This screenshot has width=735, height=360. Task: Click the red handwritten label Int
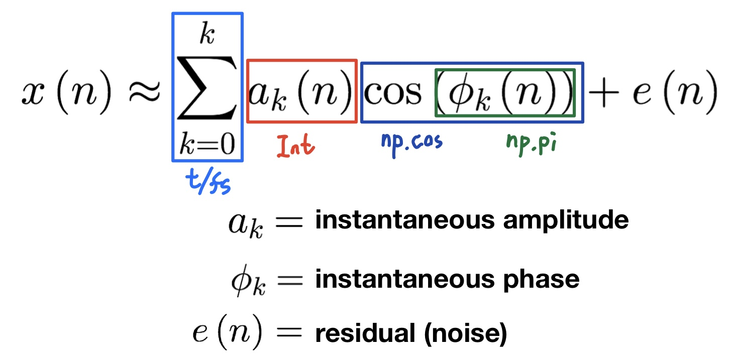click(x=296, y=146)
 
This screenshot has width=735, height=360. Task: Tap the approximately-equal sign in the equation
click(x=143, y=94)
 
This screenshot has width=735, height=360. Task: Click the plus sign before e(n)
click(x=602, y=94)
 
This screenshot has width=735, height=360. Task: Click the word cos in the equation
click(x=393, y=93)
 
